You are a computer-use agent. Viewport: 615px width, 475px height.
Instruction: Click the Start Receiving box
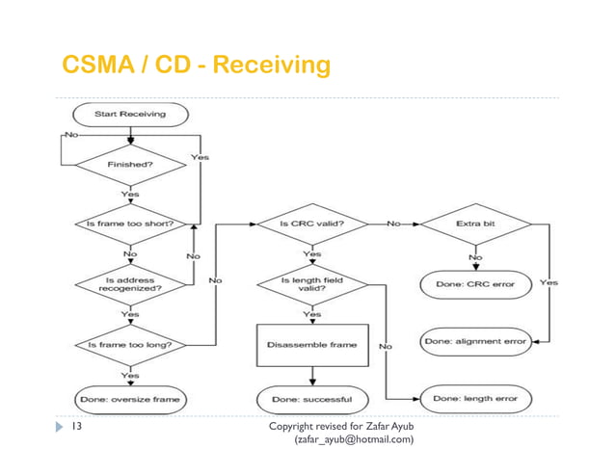click(x=128, y=114)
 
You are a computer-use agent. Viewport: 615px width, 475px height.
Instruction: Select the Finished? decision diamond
click(x=128, y=164)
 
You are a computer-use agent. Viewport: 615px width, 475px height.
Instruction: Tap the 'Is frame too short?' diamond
click(x=128, y=224)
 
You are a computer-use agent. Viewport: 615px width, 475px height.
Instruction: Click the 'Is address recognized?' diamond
click(x=128, y=283)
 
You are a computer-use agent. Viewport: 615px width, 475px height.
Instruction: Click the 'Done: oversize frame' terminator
click(x=128, y=398)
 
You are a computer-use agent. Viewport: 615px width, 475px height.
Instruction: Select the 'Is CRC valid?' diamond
click(x=313, y=224)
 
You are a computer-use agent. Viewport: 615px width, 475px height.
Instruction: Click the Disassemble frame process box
click(x=313, y=344)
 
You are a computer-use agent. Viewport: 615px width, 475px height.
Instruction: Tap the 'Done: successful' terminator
click(x=313, y=398)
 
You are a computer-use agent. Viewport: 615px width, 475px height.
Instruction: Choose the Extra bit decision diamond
click(x=475, y=224)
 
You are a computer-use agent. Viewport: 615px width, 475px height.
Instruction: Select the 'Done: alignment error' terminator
click(x=475, y=342)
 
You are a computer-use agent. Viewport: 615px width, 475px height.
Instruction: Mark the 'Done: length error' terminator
click(x=475, y=398)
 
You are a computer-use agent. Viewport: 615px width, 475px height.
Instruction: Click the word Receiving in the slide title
click(x=271, y=66)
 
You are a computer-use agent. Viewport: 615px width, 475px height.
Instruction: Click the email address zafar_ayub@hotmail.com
click(x=353, y=440)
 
